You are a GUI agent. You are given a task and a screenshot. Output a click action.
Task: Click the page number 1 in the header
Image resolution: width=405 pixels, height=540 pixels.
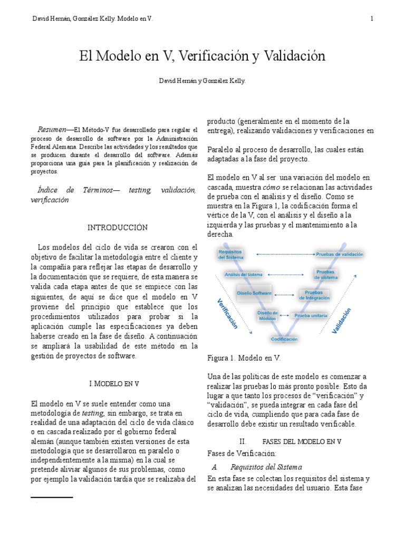pyautogui.click(x=372, y=19)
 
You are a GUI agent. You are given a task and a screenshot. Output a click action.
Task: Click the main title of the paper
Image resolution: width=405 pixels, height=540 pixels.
pyautogui.click(x=202, y=55)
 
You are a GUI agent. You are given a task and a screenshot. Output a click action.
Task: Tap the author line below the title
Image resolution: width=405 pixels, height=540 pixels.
pyautogui.click(x=202, y=81)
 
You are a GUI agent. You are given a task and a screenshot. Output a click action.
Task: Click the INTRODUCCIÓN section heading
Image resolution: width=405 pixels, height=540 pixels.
pyautogui.click(x=117, y=227)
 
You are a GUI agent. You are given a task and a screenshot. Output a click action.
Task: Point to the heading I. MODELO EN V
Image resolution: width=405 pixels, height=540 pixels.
pyautogui.click(x=115, y=383)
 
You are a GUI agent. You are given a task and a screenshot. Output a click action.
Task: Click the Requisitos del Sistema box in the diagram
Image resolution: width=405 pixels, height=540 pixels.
pyautogui.click(x=230, y=255)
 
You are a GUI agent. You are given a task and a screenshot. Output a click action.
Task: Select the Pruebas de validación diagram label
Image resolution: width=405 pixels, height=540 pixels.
pyautogui.click(x=340, y=254)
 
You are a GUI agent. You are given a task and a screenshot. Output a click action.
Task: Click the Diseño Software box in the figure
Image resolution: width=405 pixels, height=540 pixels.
pyautogui.click(x=254, y=293)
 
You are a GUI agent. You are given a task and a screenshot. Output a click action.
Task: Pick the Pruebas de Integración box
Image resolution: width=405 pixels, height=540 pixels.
pyautogui.click(x=314, y=295)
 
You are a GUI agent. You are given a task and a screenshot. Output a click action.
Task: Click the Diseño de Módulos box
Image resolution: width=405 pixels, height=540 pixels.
pyautogui.click(x=267, y=315)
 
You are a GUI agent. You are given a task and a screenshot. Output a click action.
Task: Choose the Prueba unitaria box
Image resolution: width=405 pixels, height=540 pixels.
pyautogui.click(x=311, y=315)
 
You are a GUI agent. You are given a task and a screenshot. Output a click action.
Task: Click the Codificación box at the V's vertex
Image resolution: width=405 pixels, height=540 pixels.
pyautogui.click(x=284, y=339)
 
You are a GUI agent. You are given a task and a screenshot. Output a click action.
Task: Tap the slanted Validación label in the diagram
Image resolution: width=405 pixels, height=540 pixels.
pyautogui.click(x=341, y=322)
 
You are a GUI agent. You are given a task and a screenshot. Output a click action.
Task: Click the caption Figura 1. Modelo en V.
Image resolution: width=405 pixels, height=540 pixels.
pyautogui.click(x=244, y=358)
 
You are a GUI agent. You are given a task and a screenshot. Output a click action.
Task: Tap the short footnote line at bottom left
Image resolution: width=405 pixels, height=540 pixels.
pyautogui.click(x=52, y=497)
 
